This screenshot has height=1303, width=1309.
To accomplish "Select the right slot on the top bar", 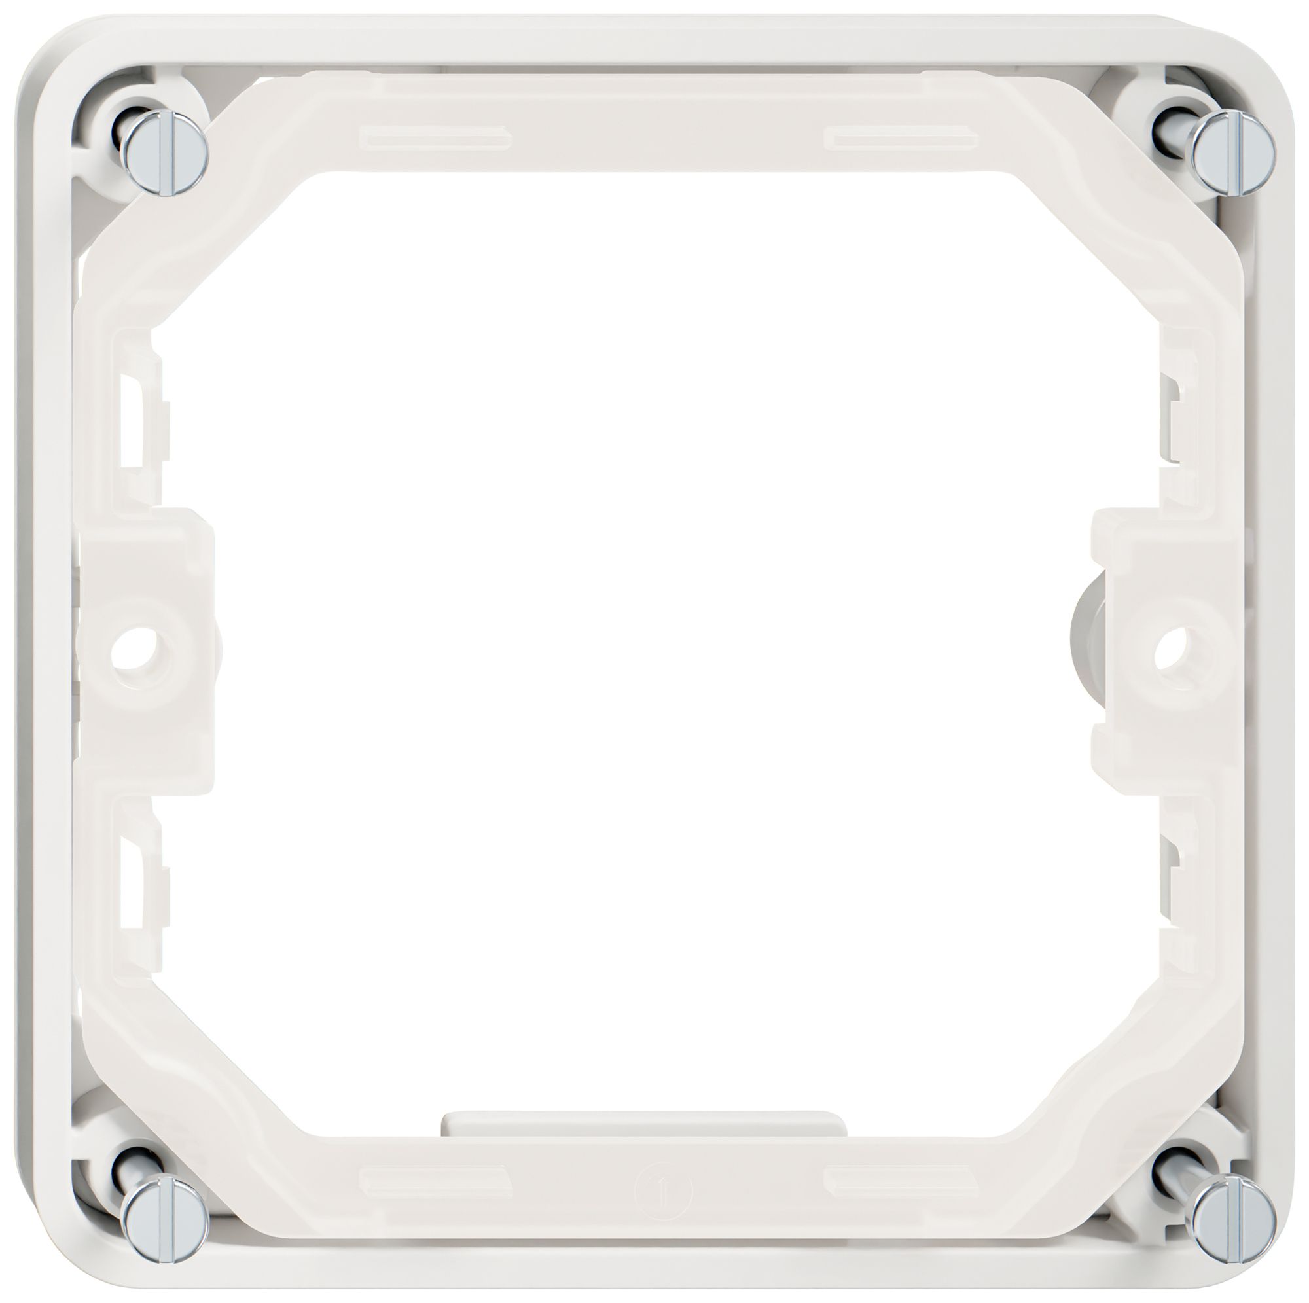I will click(x=900, y=135).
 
